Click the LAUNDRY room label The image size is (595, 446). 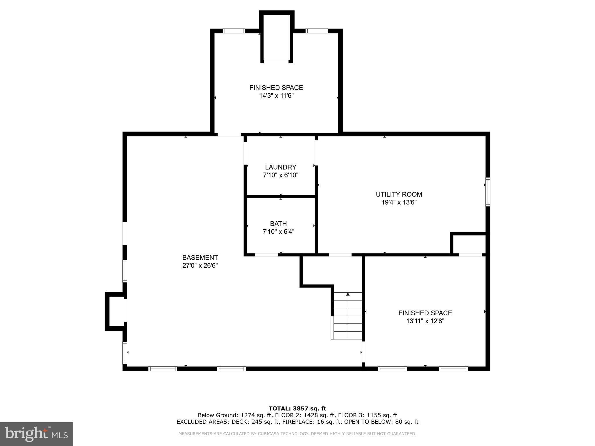280,167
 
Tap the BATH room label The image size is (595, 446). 278,224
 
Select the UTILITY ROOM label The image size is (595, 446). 399,194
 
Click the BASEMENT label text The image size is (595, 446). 200,258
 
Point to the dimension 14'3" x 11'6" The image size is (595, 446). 276,96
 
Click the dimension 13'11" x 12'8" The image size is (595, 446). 425,321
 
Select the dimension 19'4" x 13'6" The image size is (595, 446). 399,202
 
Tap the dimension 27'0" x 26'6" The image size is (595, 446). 200,265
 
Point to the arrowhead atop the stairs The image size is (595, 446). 348,294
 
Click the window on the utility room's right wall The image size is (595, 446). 488,192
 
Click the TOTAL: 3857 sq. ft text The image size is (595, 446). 297,409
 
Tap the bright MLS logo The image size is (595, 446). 36,434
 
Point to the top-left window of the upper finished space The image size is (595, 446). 234,31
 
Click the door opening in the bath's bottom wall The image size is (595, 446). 266,255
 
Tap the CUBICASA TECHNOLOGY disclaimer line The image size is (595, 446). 297,434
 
